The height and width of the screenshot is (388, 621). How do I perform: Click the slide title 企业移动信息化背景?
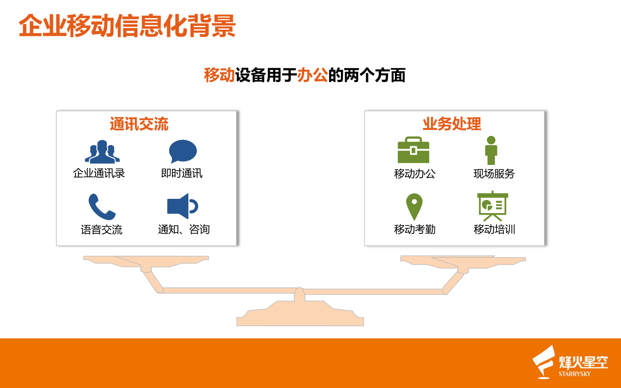click(x=127, y=26)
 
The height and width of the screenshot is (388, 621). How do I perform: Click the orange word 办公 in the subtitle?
click(x=312, y=75)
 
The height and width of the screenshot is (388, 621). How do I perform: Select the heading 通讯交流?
click(x=139, y=124)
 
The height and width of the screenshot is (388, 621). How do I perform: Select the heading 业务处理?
click(x=452, y=124)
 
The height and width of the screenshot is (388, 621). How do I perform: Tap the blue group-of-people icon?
click(x=102, y=152)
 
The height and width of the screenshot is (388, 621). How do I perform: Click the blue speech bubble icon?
click(x=183, y=151)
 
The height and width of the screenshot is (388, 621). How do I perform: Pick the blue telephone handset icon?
click(x=102, y=207)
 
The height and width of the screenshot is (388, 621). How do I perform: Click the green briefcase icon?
click(x=413, y=150)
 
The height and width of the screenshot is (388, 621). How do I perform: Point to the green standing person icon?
click(x=491, y=150)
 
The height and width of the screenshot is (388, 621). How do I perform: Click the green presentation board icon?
click(x=493, y=206)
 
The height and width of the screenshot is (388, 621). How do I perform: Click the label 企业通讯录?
click(x=99, y=173)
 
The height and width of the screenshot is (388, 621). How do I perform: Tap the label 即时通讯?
click(x=182, y=173)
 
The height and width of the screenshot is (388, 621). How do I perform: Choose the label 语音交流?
click(x=102, y=230)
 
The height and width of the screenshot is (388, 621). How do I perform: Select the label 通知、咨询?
click(x=184, y=229)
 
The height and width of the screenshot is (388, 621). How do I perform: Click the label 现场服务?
click(x=494, y=174)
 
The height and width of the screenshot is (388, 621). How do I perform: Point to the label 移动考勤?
click(x=415, y=229)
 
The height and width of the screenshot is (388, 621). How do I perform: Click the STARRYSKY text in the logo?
click(x=574, y=374)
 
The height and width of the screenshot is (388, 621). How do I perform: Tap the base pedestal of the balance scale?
click(x=300, y=315)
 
